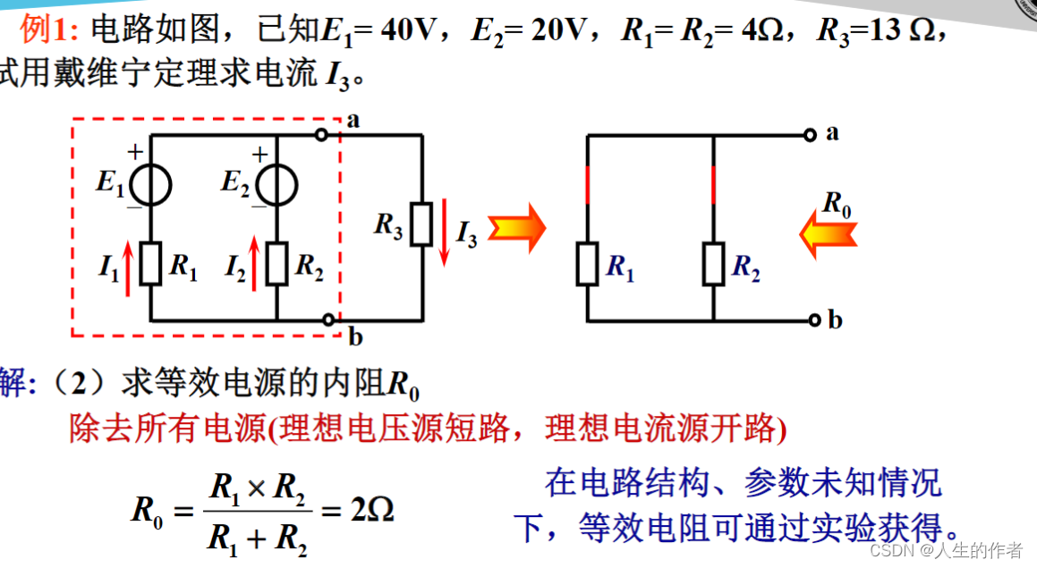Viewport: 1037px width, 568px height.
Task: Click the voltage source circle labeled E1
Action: click(150, 185)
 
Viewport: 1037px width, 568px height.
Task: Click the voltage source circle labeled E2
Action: click(277, 185)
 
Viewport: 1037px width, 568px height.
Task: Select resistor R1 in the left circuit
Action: click(150, 265)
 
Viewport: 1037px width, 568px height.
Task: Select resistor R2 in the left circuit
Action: click(277, 265)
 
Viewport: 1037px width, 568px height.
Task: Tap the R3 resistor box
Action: click(421, 224)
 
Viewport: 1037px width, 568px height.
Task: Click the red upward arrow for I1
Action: click(128, 267)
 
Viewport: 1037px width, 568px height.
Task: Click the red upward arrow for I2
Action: click(256, 267)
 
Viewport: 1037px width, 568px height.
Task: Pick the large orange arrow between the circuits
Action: click(517, 229)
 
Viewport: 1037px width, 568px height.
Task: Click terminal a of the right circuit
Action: click(810, 135)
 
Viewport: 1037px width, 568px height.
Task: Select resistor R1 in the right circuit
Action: click(587, 265)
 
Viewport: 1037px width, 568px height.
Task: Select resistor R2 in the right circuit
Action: click(713, 265)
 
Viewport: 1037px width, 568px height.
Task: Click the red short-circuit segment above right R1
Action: click(587, 184)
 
